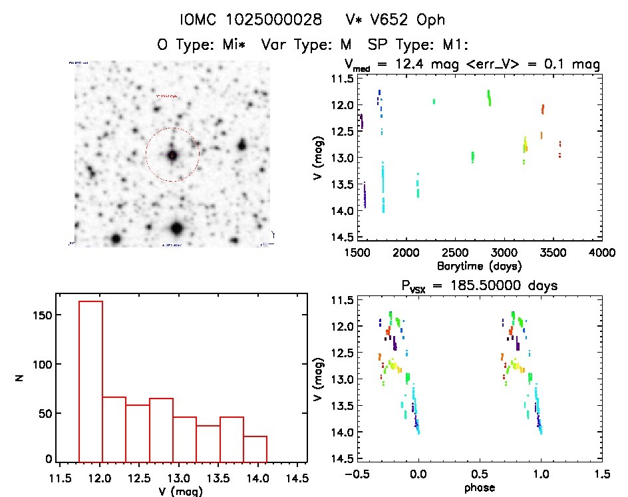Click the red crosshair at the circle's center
pyautogui.click(x=172, y=155)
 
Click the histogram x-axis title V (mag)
pyautogui.click(x=182, y=492)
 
